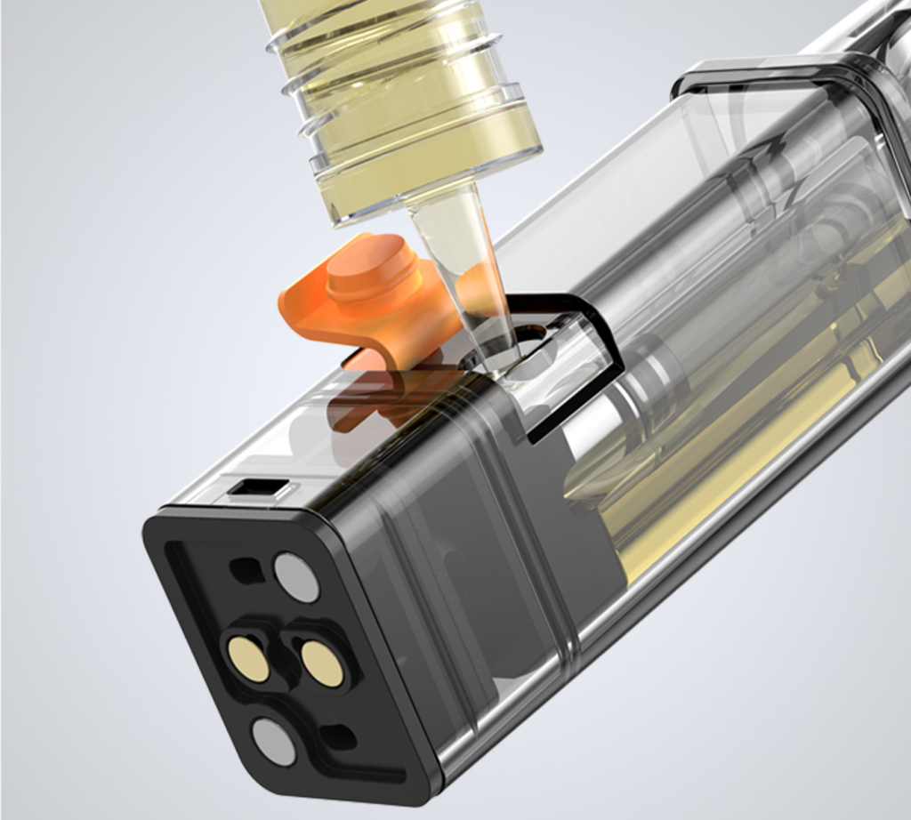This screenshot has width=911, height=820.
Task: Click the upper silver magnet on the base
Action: pos(296,577)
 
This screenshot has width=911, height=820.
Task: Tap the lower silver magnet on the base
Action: pos(273,741)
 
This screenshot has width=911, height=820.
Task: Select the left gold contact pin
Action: pos(248,659)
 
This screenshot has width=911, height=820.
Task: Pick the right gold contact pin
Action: pos(322,663)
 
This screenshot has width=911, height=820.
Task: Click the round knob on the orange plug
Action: pos(372,266)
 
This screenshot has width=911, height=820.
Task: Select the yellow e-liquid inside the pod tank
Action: pos(712,498)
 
